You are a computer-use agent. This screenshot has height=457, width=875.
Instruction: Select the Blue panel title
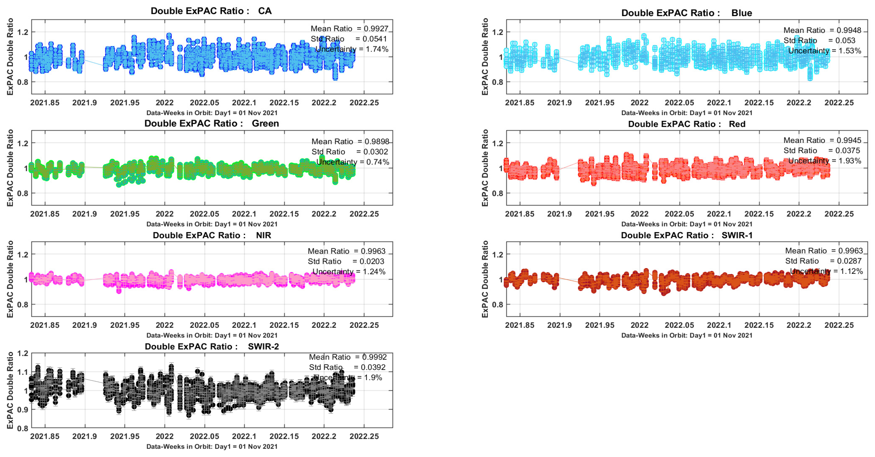686,13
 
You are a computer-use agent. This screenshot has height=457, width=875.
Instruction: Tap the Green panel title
211,123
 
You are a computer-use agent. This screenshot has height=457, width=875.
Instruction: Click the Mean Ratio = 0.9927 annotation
349,28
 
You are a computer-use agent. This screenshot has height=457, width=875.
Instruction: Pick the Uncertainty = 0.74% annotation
353,162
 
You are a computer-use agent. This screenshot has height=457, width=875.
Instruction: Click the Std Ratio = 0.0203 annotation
346,261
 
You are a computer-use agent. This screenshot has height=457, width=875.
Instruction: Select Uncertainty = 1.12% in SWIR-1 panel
826,271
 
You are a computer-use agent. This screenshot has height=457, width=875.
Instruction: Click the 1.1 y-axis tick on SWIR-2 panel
23,372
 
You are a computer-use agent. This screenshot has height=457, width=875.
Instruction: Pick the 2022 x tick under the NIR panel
164,325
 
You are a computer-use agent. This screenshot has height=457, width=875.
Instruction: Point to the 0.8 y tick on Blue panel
498,82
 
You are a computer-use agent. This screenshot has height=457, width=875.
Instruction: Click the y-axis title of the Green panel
10,168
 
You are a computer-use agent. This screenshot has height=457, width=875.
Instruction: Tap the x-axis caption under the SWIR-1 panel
686,335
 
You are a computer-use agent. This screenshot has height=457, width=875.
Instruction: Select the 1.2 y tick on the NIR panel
23,254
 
